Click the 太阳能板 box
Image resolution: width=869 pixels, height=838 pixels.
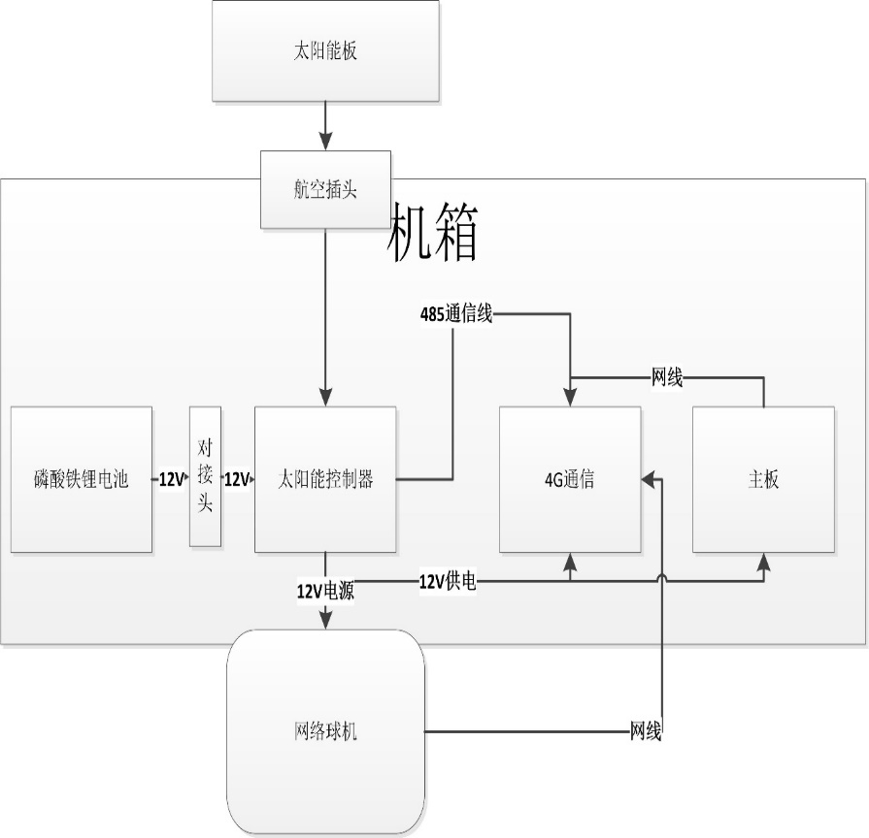tap(325, 50)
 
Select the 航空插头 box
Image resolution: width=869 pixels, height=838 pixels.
tap(325, 189)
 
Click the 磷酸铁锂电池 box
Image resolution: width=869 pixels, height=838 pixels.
tap(82, 479)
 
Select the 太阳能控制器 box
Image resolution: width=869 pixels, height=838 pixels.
tap(325, 479)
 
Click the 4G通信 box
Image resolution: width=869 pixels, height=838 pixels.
tap(570, 479)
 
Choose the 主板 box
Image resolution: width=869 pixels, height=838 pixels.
tap(763, 479)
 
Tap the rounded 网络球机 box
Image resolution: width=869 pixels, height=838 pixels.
tap(325, 731)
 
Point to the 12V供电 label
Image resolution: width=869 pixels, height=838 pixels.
tap(448, 582)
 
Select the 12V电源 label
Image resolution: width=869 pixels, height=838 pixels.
tap(325, 590)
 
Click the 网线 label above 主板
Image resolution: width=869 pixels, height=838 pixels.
tap(667, 378)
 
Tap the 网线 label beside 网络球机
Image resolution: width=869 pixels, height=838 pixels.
tap(646, 731)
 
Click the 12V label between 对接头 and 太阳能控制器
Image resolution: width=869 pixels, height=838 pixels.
tap(237, 479)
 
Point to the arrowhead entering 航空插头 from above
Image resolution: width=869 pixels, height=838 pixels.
tap(325, 142)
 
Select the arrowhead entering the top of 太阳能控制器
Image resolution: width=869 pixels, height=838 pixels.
tap(325, 398)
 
